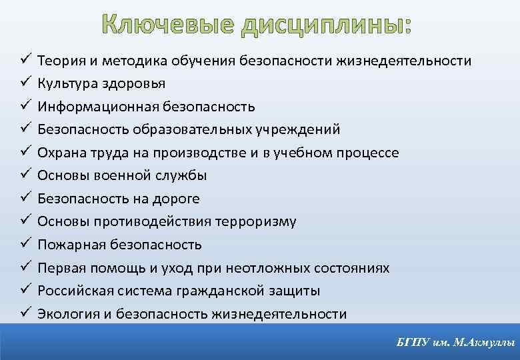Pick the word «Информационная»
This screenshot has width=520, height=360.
click(91, 107)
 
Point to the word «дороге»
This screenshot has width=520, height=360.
click(177, 199)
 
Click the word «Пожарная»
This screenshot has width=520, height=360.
click(68, 245)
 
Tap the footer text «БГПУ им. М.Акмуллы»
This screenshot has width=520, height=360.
click(455, 343)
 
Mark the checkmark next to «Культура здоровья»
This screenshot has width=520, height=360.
click(22, 83)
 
